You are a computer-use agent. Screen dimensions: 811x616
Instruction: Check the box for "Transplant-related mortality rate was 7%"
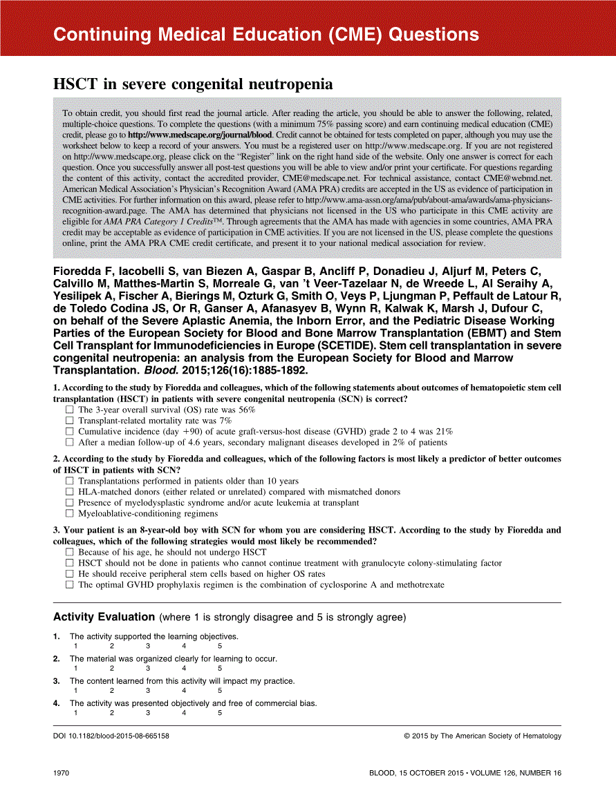(x=69, y=421)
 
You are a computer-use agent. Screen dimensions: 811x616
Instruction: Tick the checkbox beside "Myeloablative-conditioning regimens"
(x=69, y=514)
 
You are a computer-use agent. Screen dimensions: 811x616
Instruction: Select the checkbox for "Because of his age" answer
(x=69, y=553)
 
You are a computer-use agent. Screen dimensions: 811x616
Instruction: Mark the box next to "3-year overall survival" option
(x=69, y=410)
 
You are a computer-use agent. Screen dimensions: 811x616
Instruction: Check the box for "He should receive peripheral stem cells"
(x=69, y=574)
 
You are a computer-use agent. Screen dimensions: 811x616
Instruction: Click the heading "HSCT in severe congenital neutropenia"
(x=193, y=84)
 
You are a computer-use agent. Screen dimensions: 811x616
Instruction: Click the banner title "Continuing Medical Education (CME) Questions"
(x=266, y=35)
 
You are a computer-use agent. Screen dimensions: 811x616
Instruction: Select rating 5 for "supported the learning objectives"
(x=220, y=647)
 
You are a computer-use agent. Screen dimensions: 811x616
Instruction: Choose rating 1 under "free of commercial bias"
(x=75, y=713)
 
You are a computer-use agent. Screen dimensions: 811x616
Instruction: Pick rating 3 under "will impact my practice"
(x=147, y=691)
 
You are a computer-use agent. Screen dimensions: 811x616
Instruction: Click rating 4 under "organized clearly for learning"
(x=184, y=669)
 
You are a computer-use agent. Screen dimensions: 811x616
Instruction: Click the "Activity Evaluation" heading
(x=104, y=617)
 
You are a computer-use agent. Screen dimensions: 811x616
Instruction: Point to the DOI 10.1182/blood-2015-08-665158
(x=111, y=736)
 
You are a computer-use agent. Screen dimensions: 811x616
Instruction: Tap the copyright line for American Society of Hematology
(x=483, y=736)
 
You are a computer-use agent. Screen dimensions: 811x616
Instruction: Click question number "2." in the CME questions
(x=57, y=459)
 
